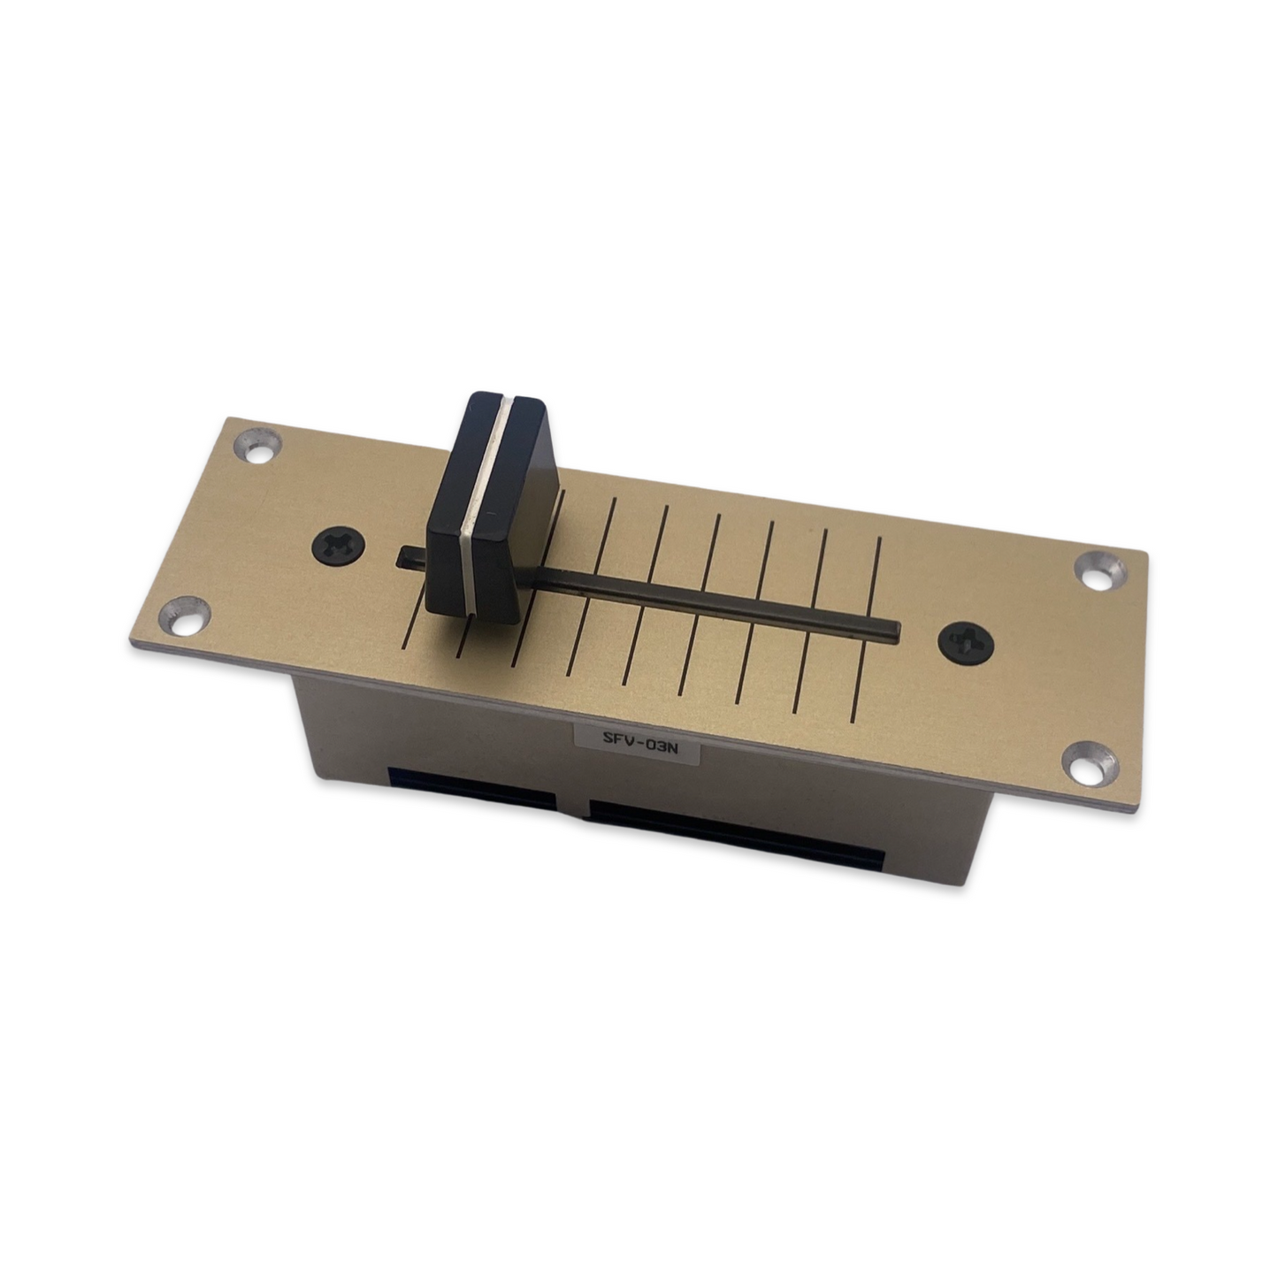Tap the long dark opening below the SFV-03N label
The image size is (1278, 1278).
tap(734, 836)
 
